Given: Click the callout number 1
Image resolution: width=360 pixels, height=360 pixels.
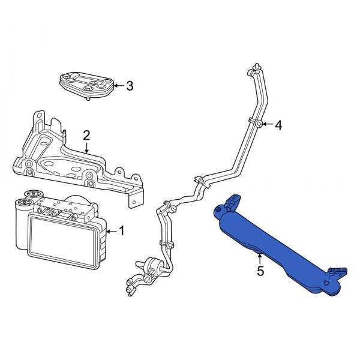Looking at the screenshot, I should [122, 230].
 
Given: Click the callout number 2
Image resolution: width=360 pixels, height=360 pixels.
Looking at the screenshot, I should [86, 135].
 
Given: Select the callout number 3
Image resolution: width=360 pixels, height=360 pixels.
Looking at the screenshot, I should [130, 86].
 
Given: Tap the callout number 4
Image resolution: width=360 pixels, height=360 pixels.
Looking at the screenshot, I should [278, 125].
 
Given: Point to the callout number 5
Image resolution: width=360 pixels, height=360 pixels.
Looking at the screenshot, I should [260, 271].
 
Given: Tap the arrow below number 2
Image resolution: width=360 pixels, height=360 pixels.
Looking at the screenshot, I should [86, 149].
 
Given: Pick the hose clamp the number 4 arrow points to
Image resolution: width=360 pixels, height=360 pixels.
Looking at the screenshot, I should [257, 124].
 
